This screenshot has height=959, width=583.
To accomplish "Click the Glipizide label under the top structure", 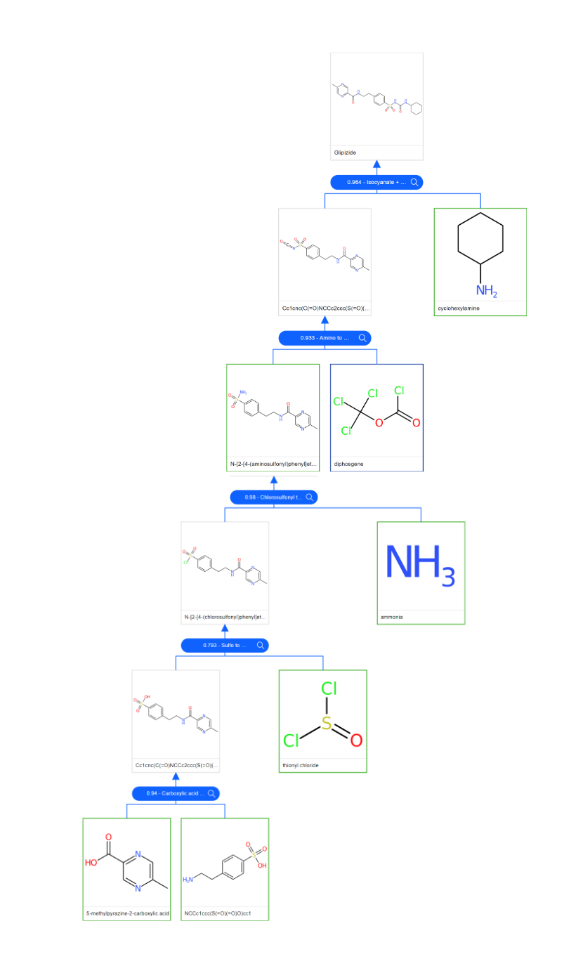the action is [346, 152].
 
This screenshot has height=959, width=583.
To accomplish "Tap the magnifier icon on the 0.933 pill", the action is [363, 338].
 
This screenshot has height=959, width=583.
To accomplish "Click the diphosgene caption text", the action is [349, 464].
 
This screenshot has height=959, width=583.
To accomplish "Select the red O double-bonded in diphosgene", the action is [416, 423].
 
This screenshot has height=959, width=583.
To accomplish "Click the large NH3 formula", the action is [420, 565].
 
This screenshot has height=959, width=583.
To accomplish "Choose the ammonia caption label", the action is [392, 618].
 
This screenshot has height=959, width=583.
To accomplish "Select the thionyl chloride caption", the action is [301, 765].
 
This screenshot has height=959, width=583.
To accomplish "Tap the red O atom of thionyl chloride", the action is [356, 740].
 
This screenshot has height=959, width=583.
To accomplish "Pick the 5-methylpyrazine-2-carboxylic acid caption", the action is [127, 913].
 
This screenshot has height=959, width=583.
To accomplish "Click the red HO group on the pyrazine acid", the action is [92, 862].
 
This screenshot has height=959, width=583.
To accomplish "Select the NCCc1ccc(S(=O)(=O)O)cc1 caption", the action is [217, 913].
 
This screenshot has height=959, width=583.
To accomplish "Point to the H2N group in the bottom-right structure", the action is [189, 880].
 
